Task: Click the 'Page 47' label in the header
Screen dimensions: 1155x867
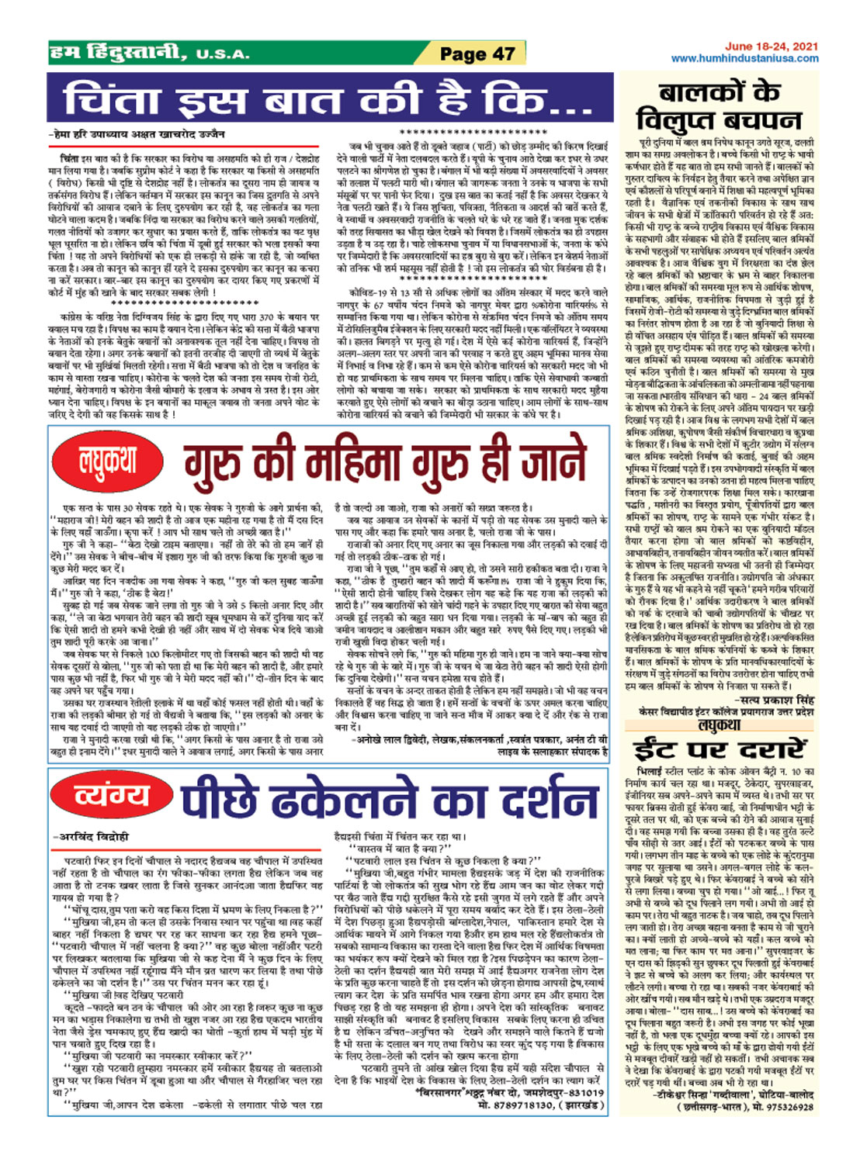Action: coord(477,54)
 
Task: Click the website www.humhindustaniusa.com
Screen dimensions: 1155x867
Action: coord(744,58)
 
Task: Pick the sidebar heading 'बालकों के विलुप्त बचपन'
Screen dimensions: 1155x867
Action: coord(718,105)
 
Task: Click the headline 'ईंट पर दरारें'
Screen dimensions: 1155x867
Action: coord(719,750)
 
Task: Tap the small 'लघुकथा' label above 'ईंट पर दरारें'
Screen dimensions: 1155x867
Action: coord(719,724)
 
